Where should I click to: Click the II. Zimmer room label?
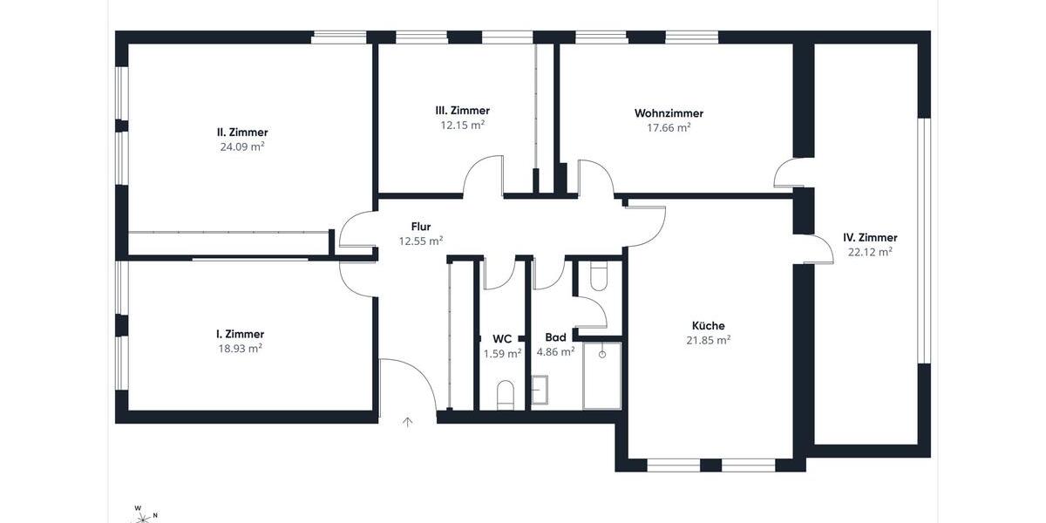click(x=242, y=132)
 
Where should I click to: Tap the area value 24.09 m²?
click(x=242, y=147)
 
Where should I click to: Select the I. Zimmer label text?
click(x=240, y=334)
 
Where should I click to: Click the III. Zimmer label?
click(x=462, y=111)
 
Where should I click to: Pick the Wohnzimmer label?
click(x=669, y=113)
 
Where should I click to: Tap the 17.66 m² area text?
click(x=669, y=128)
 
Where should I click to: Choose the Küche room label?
click(x=708, y=326)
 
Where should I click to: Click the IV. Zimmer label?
click(x=869, y=237)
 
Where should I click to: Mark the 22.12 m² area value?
click(x=869, y=252)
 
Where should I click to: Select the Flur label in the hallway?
click(x=420, y=227)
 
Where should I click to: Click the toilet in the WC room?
click(x=505, y=395)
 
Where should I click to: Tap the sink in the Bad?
click(x=540, y=390)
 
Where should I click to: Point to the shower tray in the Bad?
click(x=601, y=376)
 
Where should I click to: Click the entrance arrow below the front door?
click(x=407, y=423)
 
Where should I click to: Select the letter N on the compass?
click(x=155, y=515)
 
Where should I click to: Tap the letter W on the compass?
click(x=138, y=507)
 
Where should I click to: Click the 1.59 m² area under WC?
click(x=502, y=354)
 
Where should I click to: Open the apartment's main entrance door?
click(x=407, y=384)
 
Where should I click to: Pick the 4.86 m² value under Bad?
click(x=555, y=352)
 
